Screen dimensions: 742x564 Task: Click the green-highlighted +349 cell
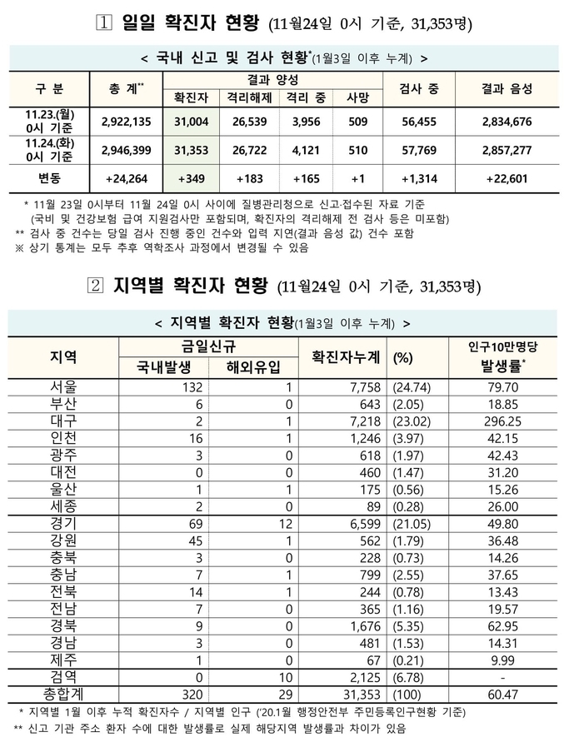pos(192,179)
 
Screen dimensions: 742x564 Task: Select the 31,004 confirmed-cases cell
pos(192,122)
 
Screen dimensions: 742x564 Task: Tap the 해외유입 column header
pos(253,366)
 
